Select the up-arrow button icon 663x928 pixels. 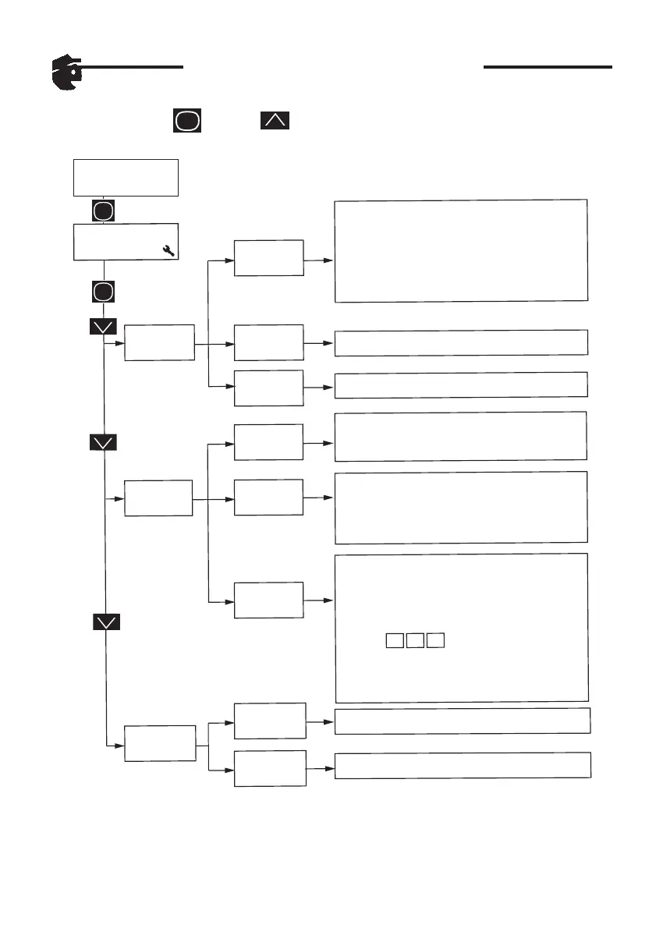(x=275, y=121)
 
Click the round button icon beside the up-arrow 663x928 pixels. (x=187, y=121)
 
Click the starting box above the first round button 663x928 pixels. (x=126, y=178)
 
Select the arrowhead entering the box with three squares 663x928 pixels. (x=330, y=600)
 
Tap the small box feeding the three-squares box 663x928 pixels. (x=269, y=600)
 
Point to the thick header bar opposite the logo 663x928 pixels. (x=548, y=68)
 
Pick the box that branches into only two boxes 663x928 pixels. (x=160, y=743)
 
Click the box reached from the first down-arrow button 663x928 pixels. (x=160, y=342)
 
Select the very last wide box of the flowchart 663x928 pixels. (x=463, y=765)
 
